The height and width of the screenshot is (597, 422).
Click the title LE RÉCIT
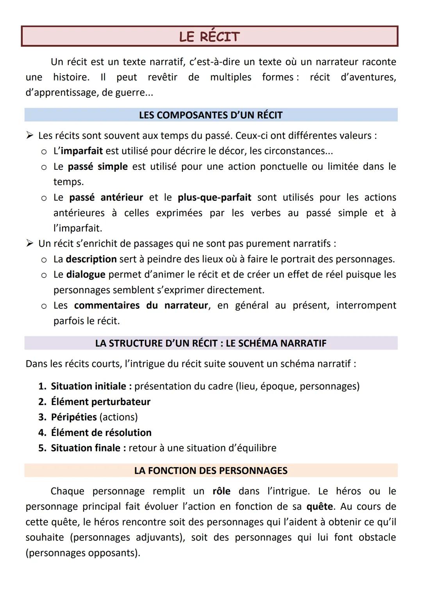[209, 37]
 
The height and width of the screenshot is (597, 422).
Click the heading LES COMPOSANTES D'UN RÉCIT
[211, 115]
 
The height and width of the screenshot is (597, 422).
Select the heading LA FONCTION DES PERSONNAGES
[211, 471]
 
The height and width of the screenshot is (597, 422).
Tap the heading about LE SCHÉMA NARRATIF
[211, 343]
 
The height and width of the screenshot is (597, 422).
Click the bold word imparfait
[82, 151]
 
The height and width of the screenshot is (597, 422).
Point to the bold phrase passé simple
[98, 167]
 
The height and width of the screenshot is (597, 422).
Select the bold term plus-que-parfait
[214, 197]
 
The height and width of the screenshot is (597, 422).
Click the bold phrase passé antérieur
[106, 197]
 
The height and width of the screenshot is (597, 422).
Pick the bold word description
[91, 259]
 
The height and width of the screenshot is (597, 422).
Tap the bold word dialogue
[86, 274]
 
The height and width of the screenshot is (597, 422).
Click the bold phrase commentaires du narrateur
[141, 305]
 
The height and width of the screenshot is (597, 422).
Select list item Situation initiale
[88, 386]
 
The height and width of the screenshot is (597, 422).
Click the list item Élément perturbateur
[100, 402]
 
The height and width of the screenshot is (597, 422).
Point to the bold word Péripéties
[73, 417]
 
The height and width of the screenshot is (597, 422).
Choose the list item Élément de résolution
[101, 433]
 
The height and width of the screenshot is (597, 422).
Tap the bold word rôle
[221, 491]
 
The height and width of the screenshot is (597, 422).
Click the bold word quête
[320, 507]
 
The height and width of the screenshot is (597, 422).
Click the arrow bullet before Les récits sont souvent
[30, 136]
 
